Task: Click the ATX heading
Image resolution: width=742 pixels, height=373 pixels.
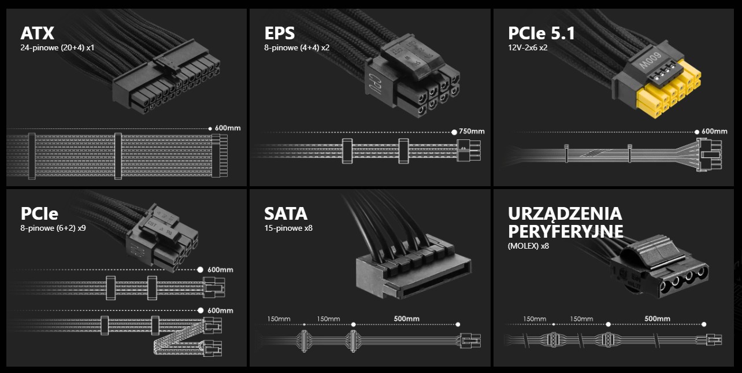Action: click(x=37, y=33)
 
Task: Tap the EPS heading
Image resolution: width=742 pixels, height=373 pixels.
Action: click(x=279, y=33)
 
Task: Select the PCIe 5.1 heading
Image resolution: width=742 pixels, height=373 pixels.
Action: click(x=541, y=33)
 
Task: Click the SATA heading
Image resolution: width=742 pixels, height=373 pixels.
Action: click(x=285, y=214)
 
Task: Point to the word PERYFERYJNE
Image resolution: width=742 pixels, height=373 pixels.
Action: click(x=565, y=231)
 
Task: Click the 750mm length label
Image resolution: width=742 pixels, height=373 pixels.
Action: click(x=472, y=131)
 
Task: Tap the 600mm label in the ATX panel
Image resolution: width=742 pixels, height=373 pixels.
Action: click(x=228, y=128)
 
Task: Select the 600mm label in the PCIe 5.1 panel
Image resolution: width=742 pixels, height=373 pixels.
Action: click(x=714, y=131)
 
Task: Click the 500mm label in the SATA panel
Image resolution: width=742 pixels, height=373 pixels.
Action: click(x=406, y=319)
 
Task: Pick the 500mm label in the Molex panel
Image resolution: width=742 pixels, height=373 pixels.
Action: click(x=657, y=319)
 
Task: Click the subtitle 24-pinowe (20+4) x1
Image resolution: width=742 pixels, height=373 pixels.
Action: click(x=57, y=48)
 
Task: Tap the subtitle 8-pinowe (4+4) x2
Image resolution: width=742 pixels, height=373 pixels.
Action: click(x=297, y=48)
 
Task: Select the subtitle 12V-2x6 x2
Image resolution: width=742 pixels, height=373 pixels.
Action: click(x=528, y=48)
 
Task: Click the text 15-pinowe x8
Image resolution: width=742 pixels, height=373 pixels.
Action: click(x=288, y=228)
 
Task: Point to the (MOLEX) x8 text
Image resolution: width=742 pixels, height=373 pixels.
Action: click(x=528, y=246)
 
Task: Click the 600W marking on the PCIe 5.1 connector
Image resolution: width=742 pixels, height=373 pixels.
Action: click(x=650, y=61)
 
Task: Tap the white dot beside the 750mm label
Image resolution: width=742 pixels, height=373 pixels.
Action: click(x=454, y=132)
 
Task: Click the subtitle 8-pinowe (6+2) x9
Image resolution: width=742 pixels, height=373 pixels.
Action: click(x=53, y=228)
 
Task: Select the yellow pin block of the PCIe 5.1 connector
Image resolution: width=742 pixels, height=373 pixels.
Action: click(x=667, y=90)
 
